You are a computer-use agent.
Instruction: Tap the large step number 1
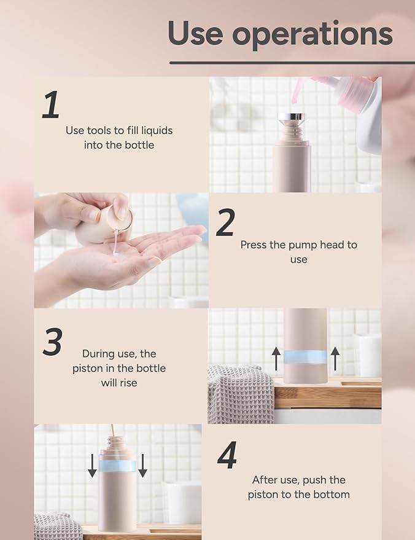51,105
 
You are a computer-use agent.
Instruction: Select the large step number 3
52,342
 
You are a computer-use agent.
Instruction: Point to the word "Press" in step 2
254,245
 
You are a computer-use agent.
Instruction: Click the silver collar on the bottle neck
291,117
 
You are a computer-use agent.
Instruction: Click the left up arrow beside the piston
276,358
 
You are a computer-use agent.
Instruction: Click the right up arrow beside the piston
335,358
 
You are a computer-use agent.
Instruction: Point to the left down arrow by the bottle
92,465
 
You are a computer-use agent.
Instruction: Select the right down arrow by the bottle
142,465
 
